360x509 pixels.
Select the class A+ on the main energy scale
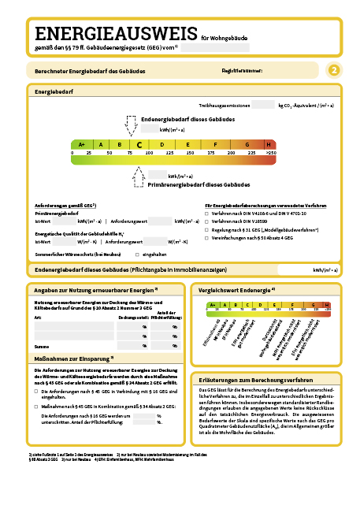coord(80,144)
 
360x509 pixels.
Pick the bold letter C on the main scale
coord(139,144)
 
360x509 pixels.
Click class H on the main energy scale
coord(269,144)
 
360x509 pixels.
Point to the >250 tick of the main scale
coord(270,152)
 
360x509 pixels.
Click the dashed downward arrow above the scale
coord(131,125)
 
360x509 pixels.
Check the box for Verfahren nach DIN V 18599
coord(207,221)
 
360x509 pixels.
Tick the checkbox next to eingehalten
coord(137,254)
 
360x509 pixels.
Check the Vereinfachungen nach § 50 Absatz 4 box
coord(207,237)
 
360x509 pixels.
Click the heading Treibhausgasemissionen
coord(224,104)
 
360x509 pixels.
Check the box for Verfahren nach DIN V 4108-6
coord(207,214)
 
